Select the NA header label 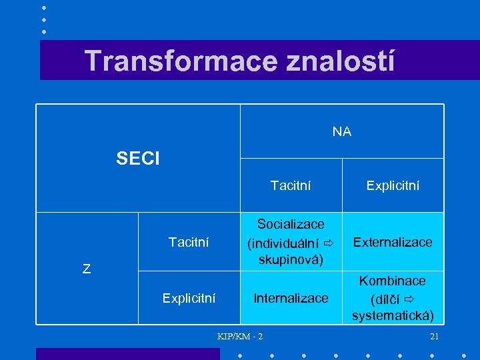coord(342,132)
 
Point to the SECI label coord(138,159)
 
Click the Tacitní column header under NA coord(291,185)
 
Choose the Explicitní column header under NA coord(393,185)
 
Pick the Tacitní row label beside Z coord(189,241)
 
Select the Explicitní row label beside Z coord(189,298)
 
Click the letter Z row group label coord(87,269)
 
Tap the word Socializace coord(291,224)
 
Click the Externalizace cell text coord(393,241)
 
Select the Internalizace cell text coord(291,298)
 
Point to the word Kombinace coord(393,281)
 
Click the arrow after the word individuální coord(327,241)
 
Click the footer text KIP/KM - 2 coord(240,336)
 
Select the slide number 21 coord(435,336)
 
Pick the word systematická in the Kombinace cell coord(393,315)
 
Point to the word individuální coord(283,241)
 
